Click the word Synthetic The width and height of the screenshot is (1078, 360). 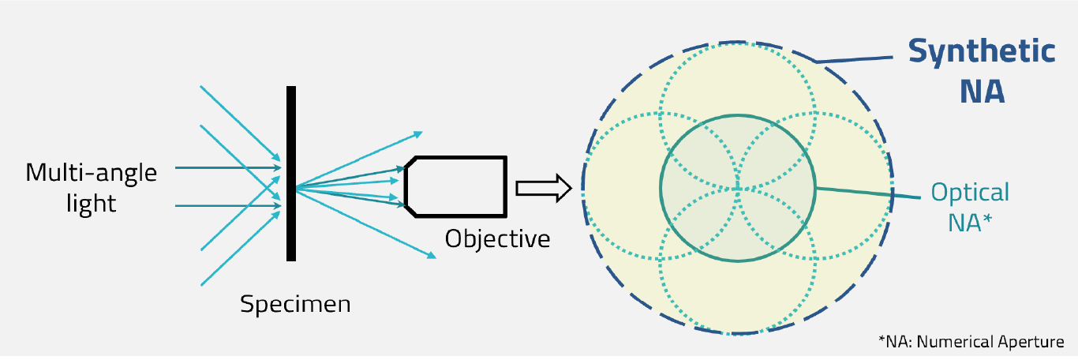(x=981, y=52)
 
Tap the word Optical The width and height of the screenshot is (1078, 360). (x=970, y=192)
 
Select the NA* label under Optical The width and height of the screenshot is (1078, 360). (x=970, y=222)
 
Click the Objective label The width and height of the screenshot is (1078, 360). (x=497, y=238)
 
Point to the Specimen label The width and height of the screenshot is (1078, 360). (x=295, y=303)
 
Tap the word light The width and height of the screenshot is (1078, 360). (x=91, y=204)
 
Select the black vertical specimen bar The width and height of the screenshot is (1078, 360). (x=291, y=173)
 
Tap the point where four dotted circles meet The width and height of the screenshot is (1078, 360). (x=737, y=188)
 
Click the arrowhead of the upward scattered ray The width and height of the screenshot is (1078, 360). (x=419, y=133)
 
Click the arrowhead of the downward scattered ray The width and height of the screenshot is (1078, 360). (x=431, y=255)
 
